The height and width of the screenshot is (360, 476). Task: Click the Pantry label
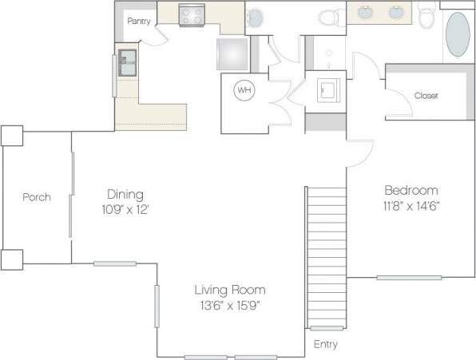click(139, 22)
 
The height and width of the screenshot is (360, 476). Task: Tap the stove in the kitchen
click(192, 14)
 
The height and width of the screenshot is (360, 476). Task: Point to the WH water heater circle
click(244, 91)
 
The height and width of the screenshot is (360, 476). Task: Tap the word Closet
click(426, 96)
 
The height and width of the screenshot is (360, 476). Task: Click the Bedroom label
click(411, 190)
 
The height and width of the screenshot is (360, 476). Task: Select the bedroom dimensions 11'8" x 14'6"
click(411, 205)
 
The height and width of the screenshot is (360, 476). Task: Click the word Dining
click(125, 194)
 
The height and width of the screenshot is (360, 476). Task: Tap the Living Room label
click(231, 290)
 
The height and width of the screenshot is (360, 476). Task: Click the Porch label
click(37, 197)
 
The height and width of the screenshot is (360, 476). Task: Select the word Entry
click(325, 345)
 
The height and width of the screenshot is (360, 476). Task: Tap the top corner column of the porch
click(12, 135)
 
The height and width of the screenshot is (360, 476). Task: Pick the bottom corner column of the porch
click(12, 259)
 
